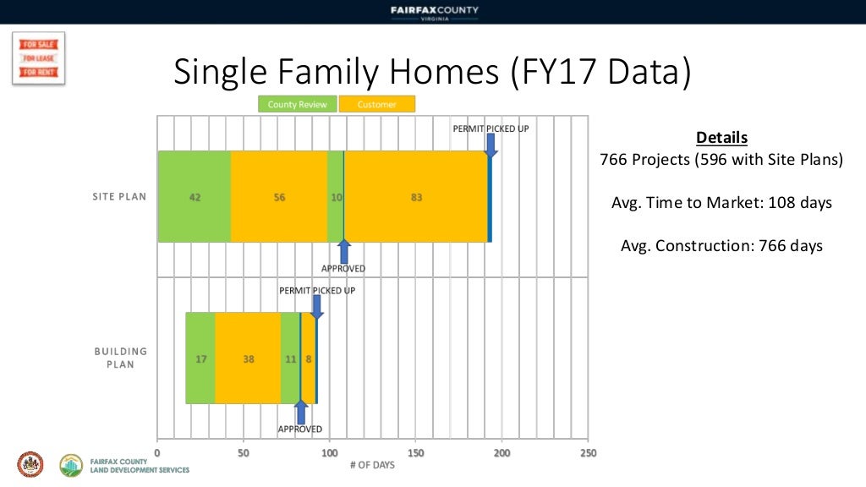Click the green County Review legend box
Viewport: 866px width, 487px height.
298,104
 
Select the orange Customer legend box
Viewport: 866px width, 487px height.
377,104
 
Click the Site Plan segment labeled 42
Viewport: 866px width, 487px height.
195,197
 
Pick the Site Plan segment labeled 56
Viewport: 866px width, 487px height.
279,197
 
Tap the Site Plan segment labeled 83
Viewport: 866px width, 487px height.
415,197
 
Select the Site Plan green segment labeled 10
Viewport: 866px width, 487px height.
336,197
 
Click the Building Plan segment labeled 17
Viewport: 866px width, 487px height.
200,358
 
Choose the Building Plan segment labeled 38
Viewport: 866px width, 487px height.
248,358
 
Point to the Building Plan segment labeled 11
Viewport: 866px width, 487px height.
290,358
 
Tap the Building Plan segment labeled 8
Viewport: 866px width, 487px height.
309,358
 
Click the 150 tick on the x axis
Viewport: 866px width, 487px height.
415,453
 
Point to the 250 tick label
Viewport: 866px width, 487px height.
588,453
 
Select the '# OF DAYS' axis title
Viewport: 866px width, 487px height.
372,465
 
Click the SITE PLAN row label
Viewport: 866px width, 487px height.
119,197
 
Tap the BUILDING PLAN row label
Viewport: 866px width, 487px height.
120,358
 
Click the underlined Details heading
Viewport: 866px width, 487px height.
721,138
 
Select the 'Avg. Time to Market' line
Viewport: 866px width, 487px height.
721,203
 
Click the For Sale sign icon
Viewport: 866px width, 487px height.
38,58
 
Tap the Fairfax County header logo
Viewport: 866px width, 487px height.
434,12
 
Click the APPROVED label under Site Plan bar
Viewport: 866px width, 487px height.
343,269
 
